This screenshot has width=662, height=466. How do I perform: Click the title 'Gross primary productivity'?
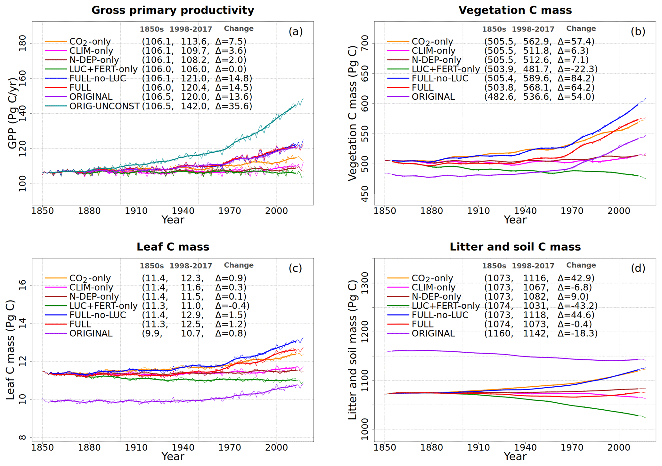coord(173,10)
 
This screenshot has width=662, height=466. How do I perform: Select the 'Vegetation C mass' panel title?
coord(515,10)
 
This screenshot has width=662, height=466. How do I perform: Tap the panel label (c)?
coord(295,268)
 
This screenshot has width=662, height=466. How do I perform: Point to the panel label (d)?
coord(638,268)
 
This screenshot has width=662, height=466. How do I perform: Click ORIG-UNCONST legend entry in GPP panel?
coord(104,106)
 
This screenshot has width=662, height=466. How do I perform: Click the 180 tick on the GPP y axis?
coord(23,43)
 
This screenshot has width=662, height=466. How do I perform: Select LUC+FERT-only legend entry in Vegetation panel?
coord(445,69)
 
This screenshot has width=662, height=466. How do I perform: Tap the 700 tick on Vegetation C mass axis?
coord(365,43)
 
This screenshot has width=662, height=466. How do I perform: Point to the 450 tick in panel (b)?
coord(365,194)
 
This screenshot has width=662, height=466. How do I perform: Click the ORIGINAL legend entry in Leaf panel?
coord(91,333)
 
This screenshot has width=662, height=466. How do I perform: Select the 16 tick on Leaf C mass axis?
coord(23,285)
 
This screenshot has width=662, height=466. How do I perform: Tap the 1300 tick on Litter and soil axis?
coord(365,283)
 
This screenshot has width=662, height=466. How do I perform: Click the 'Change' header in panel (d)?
coord(581,265)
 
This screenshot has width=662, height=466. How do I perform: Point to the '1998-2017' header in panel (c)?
coord(191,266)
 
